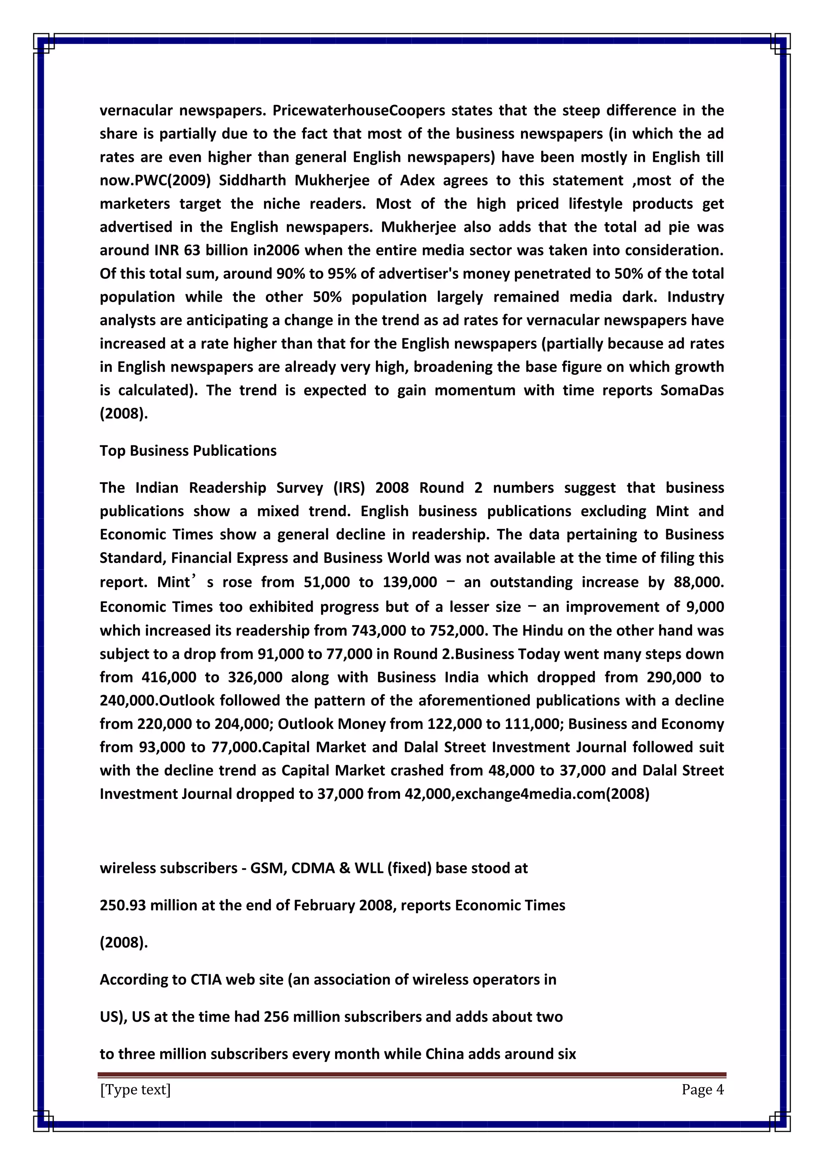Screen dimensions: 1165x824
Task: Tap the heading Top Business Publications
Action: point(188,451)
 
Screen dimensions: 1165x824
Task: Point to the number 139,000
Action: point(410,582)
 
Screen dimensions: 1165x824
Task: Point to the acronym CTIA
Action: point(206,979)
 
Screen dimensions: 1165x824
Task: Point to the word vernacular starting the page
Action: point(136,111)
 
